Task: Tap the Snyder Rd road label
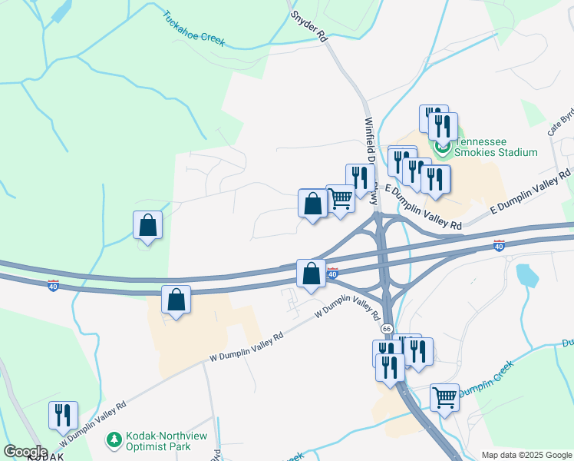[x=310, y=25]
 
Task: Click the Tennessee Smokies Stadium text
[x=496, y=147]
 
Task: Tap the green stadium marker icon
[x=442, y=147]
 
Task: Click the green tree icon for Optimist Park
[x=114, y=439]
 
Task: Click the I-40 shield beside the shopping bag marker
[x=332, y=274]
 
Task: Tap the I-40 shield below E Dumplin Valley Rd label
[x=500, y=245]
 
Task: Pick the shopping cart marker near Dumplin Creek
[x=444, y=398]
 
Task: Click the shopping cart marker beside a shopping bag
[x=340, y=199]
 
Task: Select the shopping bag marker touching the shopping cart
[x=312, y=204]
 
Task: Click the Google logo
[x=25, y=451]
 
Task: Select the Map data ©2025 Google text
[x=526, y=455]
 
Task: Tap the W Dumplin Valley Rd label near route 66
[x=348, y=307]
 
